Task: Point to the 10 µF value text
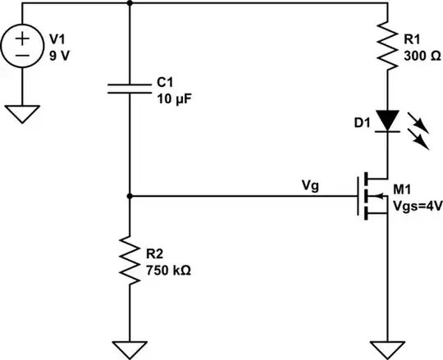pos(174,98)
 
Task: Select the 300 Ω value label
pos(424,55)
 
